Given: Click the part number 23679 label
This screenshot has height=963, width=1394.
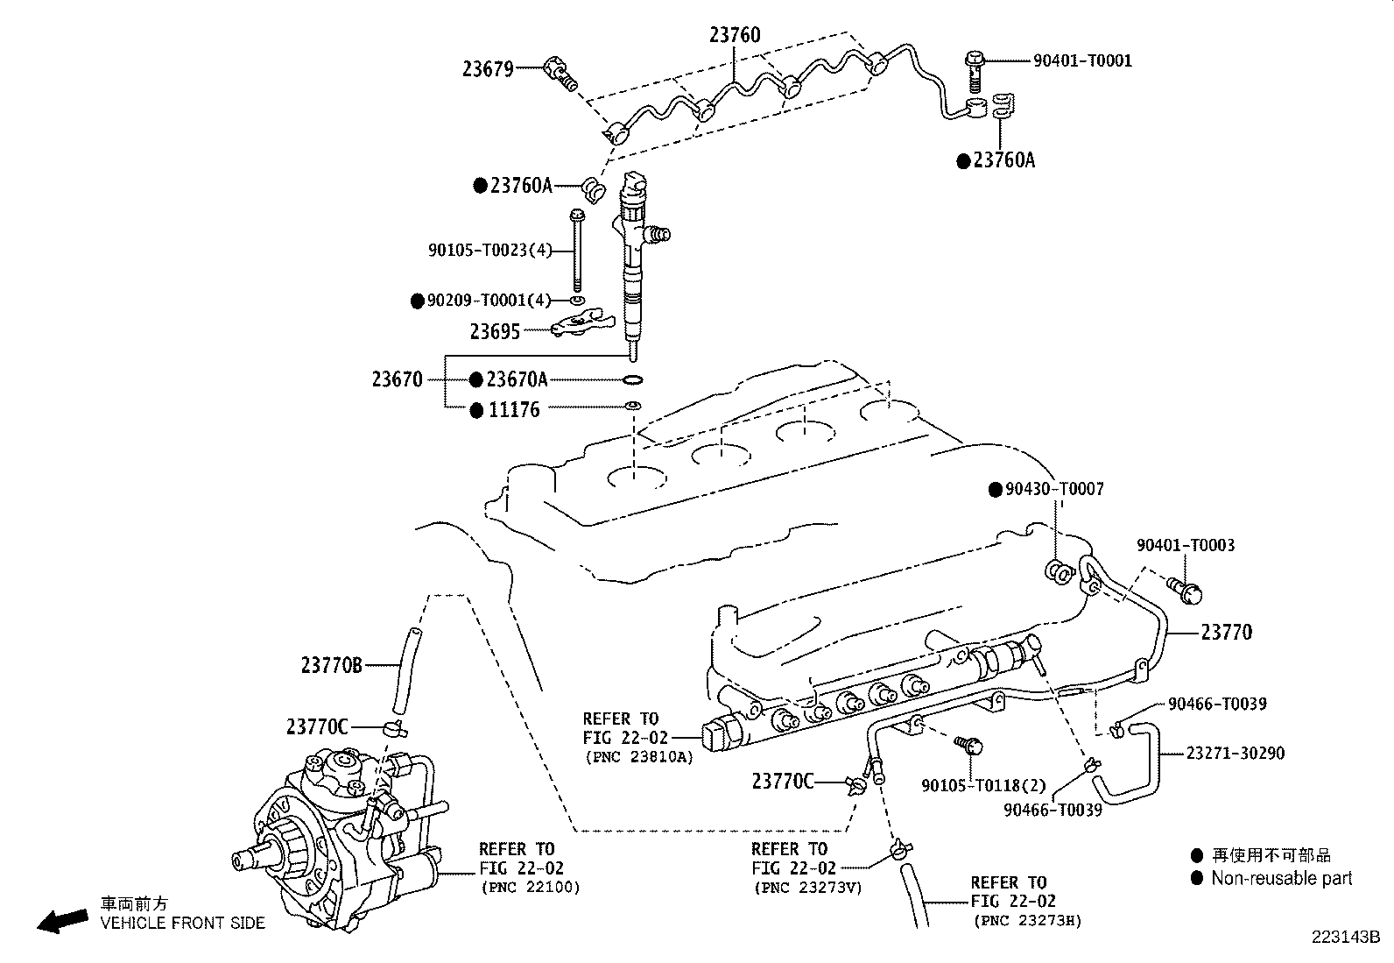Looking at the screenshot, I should pos(488,68).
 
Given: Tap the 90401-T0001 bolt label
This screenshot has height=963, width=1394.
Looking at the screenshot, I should pos(1082,60).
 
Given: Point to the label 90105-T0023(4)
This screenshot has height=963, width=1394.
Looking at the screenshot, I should pos(489,251).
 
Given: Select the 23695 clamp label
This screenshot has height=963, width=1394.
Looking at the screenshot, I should pos(495,331).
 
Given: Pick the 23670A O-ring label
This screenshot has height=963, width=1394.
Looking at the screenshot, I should pos(517,379).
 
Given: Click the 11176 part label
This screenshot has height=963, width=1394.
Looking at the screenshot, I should pos(514,409).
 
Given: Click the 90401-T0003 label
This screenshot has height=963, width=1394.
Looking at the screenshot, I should pos(1186,545).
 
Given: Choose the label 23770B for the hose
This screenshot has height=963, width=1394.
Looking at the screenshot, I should pos(331,666).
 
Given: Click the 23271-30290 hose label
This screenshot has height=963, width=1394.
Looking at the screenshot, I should pos(1236,753).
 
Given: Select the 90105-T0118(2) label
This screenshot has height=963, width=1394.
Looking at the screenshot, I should pos(971,785).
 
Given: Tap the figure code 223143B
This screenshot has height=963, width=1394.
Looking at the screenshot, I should pos(1345,937).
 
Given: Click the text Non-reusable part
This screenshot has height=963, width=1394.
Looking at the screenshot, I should pos(1281,878).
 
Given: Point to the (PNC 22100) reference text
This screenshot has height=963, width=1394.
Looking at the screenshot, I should pos(530,887).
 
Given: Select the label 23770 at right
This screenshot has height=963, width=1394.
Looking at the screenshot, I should pos(1226,632).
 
